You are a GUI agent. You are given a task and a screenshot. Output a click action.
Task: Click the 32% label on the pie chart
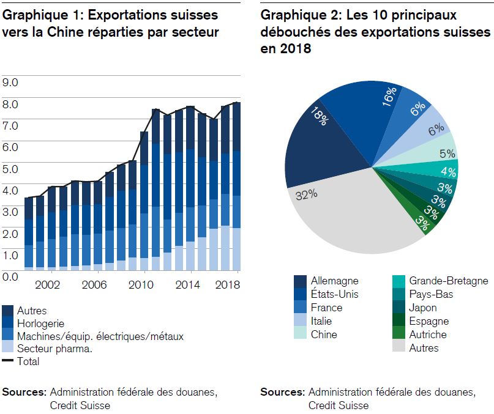pyautogui.click(x=306, y=195)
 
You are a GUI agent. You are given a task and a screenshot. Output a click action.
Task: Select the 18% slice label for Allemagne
pyautogui.click(x=319, y=116)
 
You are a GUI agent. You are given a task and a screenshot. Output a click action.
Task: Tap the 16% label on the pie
pyautogui.click(x=389, y=97)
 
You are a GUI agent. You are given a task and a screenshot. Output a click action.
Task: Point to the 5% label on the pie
pyautogui.click(x=447, y=153)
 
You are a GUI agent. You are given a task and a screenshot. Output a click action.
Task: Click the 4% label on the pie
pyautogui.click(x=448, y=172)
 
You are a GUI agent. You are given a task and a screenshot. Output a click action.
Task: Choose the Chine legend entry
pyautogui.click(x=315, y=335)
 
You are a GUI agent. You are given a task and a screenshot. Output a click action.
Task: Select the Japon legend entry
pyautogui.click(x=414, y=308)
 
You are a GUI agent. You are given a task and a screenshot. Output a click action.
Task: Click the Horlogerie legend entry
pyautogui.click(x=33, y=323)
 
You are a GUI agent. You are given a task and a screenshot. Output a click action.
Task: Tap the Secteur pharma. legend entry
pyautogui.click(x=47, y=349)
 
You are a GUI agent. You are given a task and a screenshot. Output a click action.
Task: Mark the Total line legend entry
pyautogui.click(x=20, y=361)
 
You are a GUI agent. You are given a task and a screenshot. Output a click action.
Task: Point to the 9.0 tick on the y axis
pyautogui.click(x=10, y=83)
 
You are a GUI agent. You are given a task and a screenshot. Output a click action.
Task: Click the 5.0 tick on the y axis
pyautogui.click(x=10, y=169)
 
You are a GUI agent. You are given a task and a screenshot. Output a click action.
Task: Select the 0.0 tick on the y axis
pyautogui.click(x=10, y=277)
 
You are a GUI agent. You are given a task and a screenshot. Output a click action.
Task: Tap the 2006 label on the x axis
pyautogui.click(x=94, y=285)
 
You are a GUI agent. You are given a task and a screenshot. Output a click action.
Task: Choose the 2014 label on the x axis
pyautogui.click(x=187, y=285)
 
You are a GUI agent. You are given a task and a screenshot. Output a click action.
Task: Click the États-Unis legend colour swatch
pyautogui.click(x=300, y=294)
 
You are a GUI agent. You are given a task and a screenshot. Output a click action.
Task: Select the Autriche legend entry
pyautogui.click(x=420, y=335)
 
